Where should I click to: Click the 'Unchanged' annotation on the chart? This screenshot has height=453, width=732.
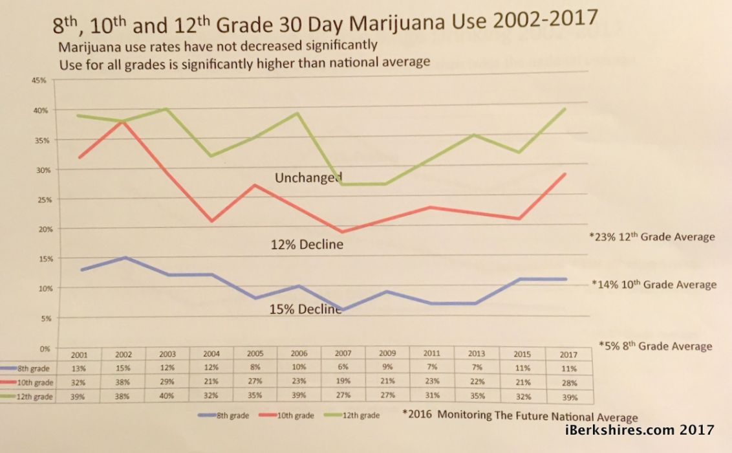click(x=308, y=178)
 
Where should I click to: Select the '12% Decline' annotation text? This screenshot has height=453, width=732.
click(x=306, y=245)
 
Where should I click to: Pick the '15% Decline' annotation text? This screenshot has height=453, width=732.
click(x=305, y=309)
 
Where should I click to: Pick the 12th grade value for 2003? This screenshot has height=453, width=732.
click(x=167, y=396)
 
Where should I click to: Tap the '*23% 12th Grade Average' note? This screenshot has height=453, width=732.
click(x=652, y=237)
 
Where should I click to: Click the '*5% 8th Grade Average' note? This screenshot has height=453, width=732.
click(x=655, y=346)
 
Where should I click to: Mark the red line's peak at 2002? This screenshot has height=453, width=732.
click(x=123, y=122)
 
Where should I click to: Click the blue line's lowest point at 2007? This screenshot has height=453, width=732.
click(x=343, y=311)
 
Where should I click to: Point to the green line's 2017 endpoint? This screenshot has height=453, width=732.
click(x=566, y=109)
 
